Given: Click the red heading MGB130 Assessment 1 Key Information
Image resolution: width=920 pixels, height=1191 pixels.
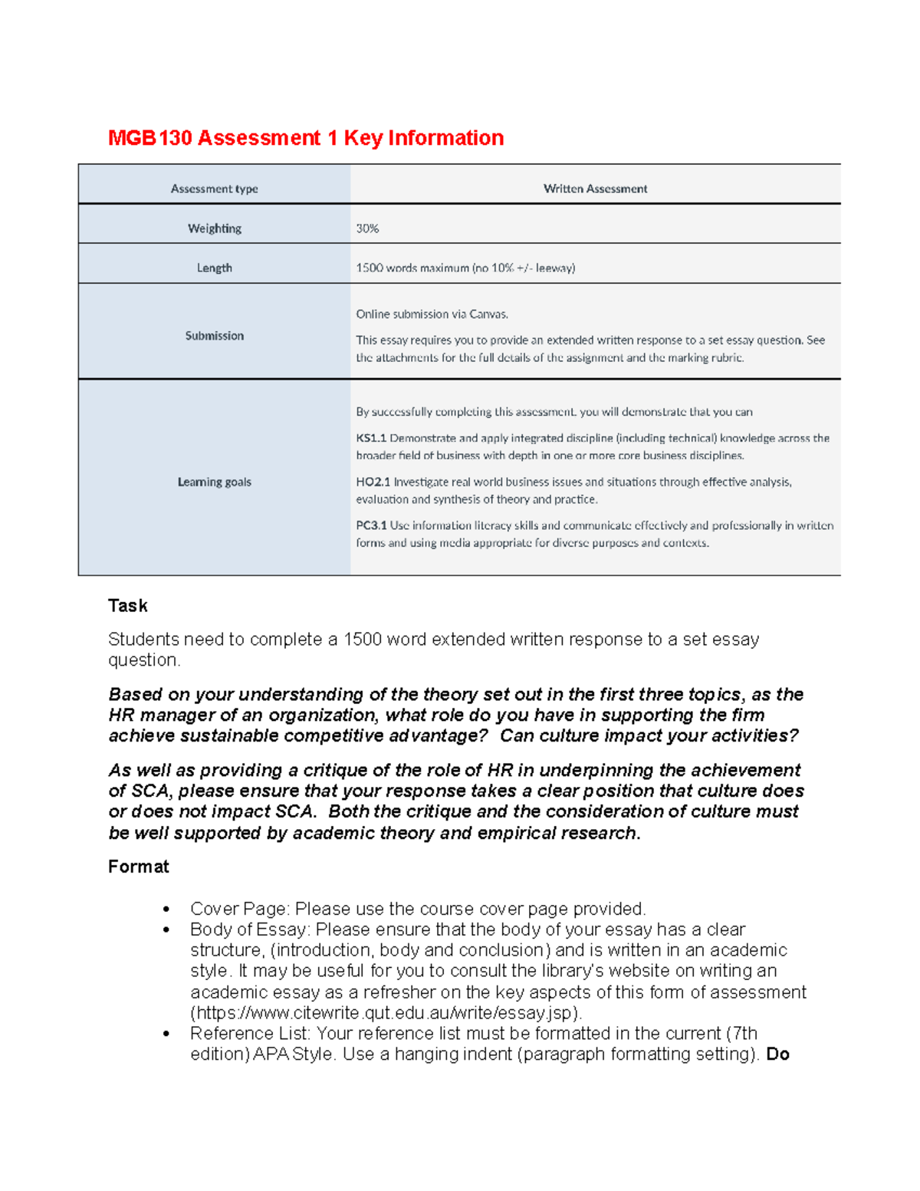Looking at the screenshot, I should (x=306, y=138).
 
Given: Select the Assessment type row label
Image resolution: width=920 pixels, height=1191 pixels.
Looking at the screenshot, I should (x=214, y=189).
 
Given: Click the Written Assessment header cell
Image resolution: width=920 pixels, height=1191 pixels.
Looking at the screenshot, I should (x=595, y=189).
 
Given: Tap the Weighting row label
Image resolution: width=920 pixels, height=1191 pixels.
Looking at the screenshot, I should (x=214, y=229).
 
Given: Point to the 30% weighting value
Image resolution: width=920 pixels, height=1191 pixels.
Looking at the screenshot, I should (x=367, y=229).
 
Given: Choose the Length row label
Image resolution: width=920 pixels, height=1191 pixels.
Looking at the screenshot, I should (x=214, y=268).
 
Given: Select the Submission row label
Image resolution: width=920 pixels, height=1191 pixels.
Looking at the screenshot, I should (x=214, y=336).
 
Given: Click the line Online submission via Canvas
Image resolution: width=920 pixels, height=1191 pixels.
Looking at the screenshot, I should (x=432, y=314).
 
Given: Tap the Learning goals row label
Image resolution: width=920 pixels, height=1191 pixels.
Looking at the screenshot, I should (x=214, y=482).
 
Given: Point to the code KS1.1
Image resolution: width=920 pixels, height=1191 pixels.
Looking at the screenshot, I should (x=371, y=439).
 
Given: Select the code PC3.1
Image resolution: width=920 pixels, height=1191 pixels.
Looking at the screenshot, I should (x=371, y=526).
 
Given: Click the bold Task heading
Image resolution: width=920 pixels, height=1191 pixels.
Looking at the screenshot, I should (x=127, y=606).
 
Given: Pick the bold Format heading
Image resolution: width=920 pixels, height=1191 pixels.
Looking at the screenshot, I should (x=138, y=867).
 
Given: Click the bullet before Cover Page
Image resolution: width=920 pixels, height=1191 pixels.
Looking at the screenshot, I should (x=166, y=910).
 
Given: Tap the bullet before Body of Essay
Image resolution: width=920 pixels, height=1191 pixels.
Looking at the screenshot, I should (x=166, y=930).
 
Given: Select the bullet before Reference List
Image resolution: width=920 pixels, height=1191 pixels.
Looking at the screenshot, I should (x=166, y=1034).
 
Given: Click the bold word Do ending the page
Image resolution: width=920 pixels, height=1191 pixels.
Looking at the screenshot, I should (x=777, y=1054).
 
